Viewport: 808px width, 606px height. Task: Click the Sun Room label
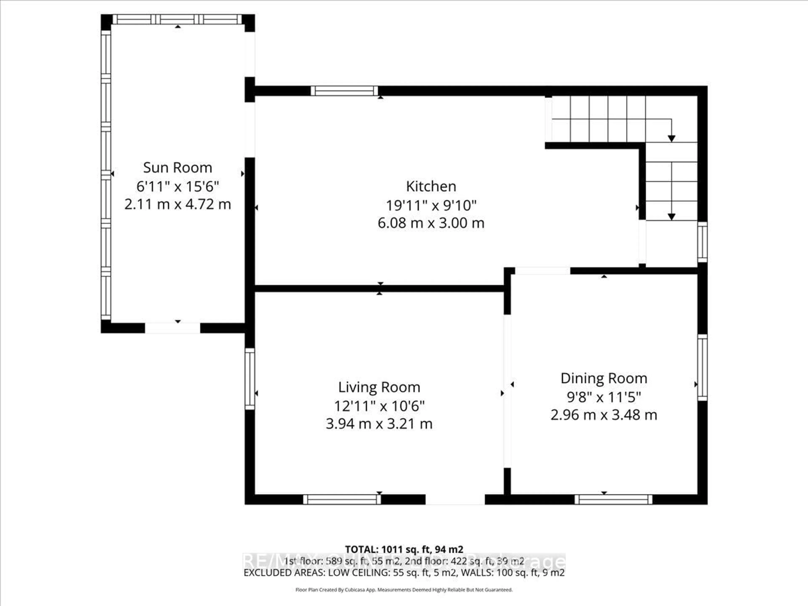coord(178,168)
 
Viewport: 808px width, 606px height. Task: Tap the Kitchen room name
coord(431,186)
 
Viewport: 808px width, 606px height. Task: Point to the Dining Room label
coord(604,378)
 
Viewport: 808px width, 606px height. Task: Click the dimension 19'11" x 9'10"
coord(431,205)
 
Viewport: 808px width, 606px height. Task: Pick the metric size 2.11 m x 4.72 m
coord(178,204)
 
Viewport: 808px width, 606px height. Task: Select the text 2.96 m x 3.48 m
coord(604,415)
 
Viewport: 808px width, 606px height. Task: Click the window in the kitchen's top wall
coord(344,91)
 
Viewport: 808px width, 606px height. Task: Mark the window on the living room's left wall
coord(250,379)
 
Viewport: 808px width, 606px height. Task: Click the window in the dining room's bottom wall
coord(613,499)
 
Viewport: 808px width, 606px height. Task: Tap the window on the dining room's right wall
coord(702,367)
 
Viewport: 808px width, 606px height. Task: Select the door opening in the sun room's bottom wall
coord(172,328)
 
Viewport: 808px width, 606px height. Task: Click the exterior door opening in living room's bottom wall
coord(455,499)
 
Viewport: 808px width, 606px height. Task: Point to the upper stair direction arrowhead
coord(671,138)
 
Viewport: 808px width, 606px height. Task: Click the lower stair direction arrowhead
coord(671,217)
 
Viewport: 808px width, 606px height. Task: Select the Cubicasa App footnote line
coord(404,590)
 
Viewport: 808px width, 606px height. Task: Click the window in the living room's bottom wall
coord(342,499)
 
